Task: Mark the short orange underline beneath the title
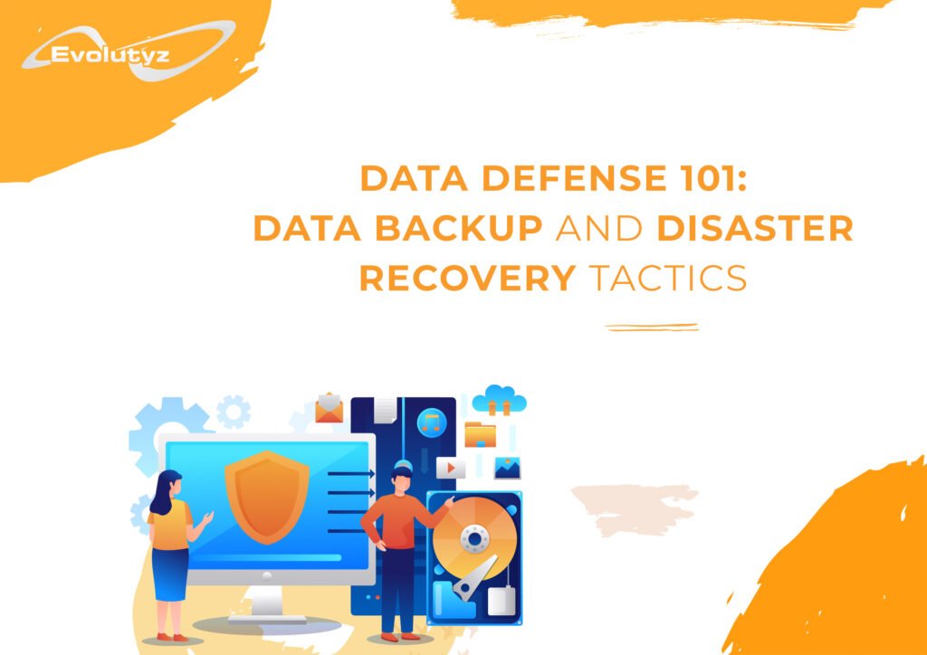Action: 652,327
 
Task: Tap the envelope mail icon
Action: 328,409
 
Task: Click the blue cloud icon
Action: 500,399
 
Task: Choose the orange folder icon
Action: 480,434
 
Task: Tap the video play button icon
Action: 451,467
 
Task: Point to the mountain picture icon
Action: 507,467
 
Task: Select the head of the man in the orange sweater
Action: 405,476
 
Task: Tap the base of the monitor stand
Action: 266,624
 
